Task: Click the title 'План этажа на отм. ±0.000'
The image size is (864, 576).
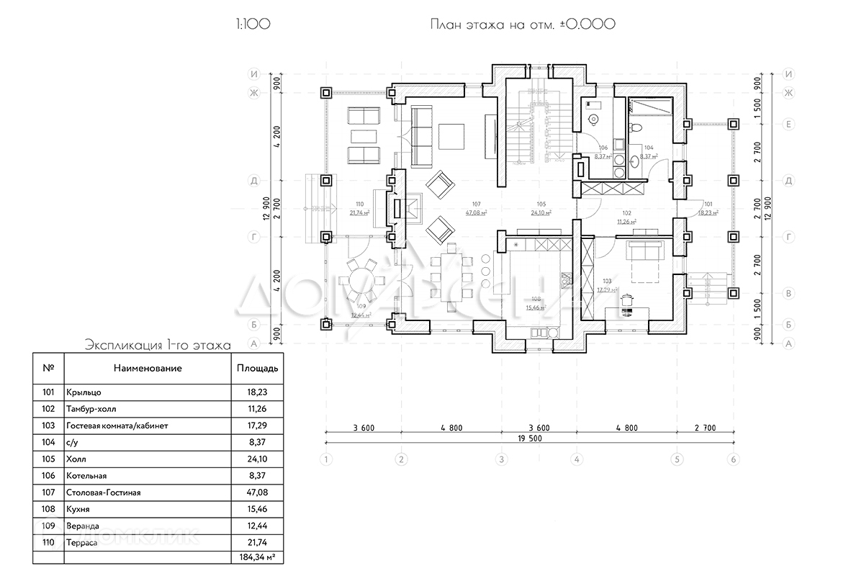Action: tap(522, 24)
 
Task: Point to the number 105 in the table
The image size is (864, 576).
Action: tap(48, 459)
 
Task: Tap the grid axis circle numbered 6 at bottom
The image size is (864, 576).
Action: tap(733, 459)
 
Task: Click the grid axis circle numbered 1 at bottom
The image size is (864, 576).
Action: tap(326, 459)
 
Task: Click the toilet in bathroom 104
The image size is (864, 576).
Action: tap(634, 127)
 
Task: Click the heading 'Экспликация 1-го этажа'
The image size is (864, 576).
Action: tap(157, 345)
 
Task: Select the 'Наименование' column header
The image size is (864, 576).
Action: tap(147, 368)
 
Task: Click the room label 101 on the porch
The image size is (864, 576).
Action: tap(708, 204)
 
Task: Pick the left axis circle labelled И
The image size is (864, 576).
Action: tap(253, 74)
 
